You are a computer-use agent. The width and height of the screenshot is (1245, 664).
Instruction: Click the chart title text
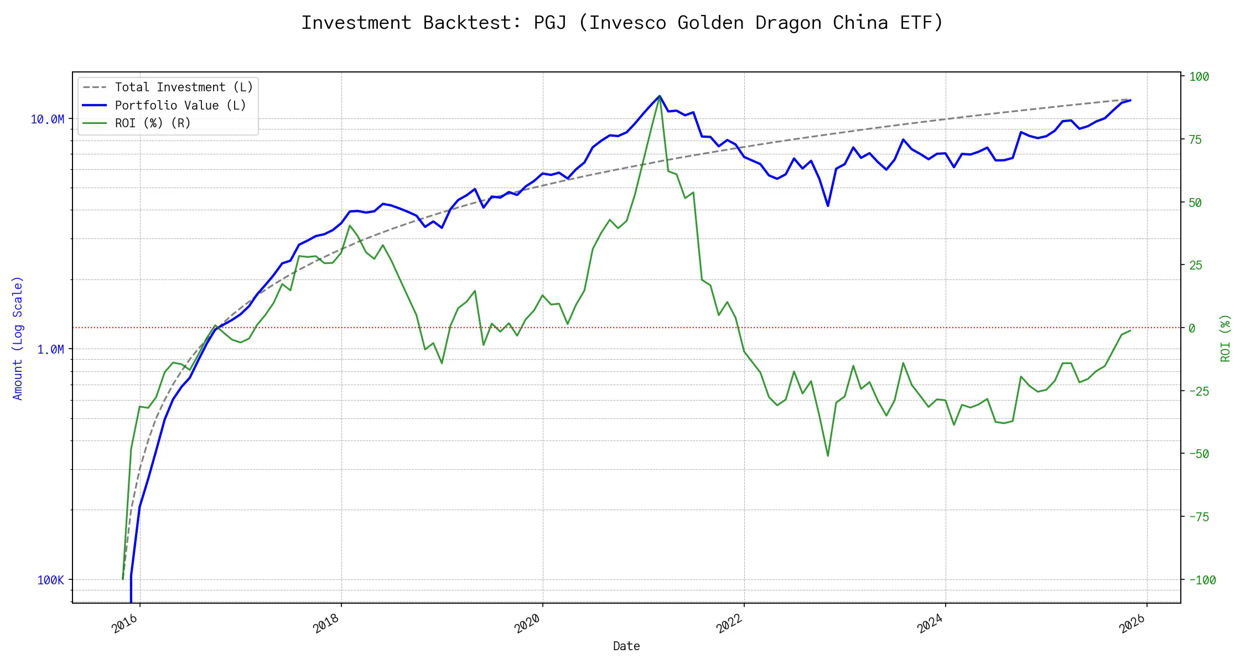click(x=622, y=23)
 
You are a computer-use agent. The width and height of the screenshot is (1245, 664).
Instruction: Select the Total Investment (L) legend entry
click(x=183, y=87)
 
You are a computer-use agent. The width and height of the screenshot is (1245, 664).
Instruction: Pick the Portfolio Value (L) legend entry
click(x=180, y=105)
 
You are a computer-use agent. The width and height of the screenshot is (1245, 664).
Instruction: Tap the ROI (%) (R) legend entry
click(x=152, y=123)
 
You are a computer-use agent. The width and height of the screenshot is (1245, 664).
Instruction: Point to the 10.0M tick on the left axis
click(x=48, y=120)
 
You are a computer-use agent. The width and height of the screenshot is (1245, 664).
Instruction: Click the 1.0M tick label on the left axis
click(x=50, y=350)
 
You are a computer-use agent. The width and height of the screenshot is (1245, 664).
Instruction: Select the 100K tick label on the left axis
click(x=51, y=580)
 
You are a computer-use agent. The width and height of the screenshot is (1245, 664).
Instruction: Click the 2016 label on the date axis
click(x=125, y=624)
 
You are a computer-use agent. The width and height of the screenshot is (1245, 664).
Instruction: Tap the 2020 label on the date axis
click(x=527, y=624)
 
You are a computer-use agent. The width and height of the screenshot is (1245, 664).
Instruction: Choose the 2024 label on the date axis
click(x=930, y=624)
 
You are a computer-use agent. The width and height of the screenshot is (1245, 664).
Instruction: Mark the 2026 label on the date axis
click(x=1132, y=624)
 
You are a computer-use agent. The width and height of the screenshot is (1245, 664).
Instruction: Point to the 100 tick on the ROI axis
click(x=1199, y=77)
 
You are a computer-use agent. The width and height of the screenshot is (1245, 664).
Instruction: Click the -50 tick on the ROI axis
click(x=1199, y=454)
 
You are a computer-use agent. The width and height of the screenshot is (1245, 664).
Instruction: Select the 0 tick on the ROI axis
click(x=1192, y=328)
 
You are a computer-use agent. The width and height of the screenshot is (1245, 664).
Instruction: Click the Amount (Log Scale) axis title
click(x=18, y=338)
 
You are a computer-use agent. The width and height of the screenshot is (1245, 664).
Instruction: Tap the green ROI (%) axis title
click(x=1226, y=338)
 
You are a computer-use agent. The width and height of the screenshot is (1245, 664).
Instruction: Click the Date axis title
click(x=626, y=646)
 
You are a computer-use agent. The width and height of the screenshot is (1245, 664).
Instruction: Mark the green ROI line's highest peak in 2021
click(x=660, y=96)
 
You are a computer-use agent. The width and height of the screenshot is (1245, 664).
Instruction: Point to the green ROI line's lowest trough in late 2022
click(x=828, y=456)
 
